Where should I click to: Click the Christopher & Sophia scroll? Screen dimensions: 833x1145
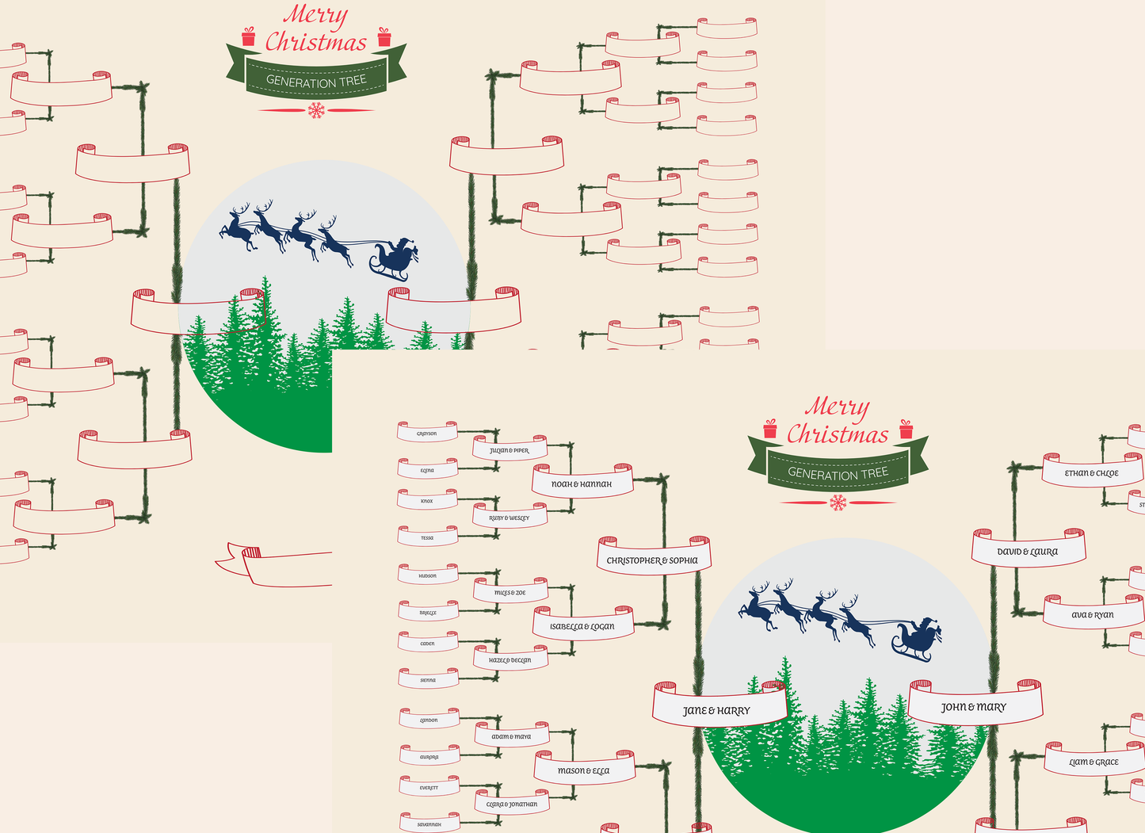point(654,560)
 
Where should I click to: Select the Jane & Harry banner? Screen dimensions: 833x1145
point(717,710)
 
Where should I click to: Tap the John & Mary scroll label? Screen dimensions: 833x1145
point(974,707)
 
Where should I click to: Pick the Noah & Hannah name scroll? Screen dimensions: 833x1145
point(582,483)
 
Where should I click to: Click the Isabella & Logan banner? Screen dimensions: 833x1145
point(582,626)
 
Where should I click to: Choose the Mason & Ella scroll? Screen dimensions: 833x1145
point(584,770)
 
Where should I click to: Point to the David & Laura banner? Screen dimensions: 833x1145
point(1028,552)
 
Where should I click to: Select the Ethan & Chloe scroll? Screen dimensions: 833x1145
point(1092,473)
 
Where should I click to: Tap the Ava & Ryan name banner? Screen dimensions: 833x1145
point(1093,615)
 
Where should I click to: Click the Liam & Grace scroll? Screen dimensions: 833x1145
point(1094,762)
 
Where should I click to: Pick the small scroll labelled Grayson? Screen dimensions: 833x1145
point(427,434)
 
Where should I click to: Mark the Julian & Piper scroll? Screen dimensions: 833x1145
point(510,451)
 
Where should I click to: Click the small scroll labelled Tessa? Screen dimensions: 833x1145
point(427,538)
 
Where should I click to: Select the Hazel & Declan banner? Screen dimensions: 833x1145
point(510,660)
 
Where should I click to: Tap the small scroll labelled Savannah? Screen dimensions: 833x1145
point(429,824)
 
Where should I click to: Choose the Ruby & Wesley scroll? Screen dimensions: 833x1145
point(510,518)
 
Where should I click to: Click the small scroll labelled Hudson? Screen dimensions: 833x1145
point(428,576)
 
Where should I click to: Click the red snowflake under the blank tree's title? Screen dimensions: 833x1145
point(316,110)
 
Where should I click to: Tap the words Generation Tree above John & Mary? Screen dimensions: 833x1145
point(838,473)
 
